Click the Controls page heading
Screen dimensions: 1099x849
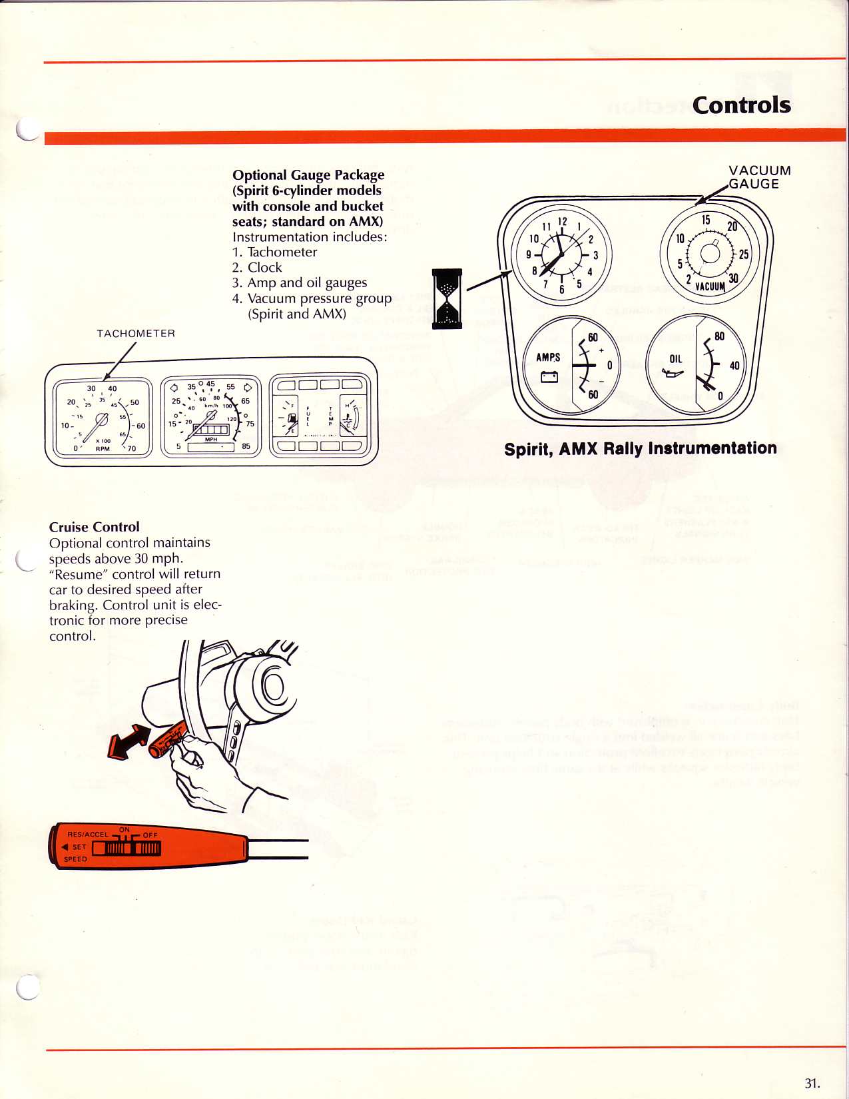tap(741, 105)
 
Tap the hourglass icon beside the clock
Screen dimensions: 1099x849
tap(447, 299)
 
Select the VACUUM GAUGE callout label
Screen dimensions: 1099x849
tap(759, 177)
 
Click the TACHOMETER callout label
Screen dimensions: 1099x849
tap(136, 334)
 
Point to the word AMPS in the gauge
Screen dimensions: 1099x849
tap(548, 358)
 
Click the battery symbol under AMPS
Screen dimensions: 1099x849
tap(549, 377)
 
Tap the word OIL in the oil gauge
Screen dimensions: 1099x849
tap(675, 359)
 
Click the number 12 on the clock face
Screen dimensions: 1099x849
tap(563, 222)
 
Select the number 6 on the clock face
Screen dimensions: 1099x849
tap(562, 289)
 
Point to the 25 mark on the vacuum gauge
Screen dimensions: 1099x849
tap(743, 254)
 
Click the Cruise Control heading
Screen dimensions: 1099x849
tap(95, 527)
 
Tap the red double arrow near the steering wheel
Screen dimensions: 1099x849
tap(128, 741)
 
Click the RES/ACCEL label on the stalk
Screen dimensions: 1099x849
tap(87, 835)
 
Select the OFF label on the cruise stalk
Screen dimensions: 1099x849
tap(150, 835)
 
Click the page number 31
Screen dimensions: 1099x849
tap(812, 1082)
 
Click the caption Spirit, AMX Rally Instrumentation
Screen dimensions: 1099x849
tap(640, 449)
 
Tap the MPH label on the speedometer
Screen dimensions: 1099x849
tap(211, 440)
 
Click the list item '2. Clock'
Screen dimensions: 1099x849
tap(257, 268)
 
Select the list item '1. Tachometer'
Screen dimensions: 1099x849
tap(274, 252)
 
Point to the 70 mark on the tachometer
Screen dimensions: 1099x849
tap(131, 449)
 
